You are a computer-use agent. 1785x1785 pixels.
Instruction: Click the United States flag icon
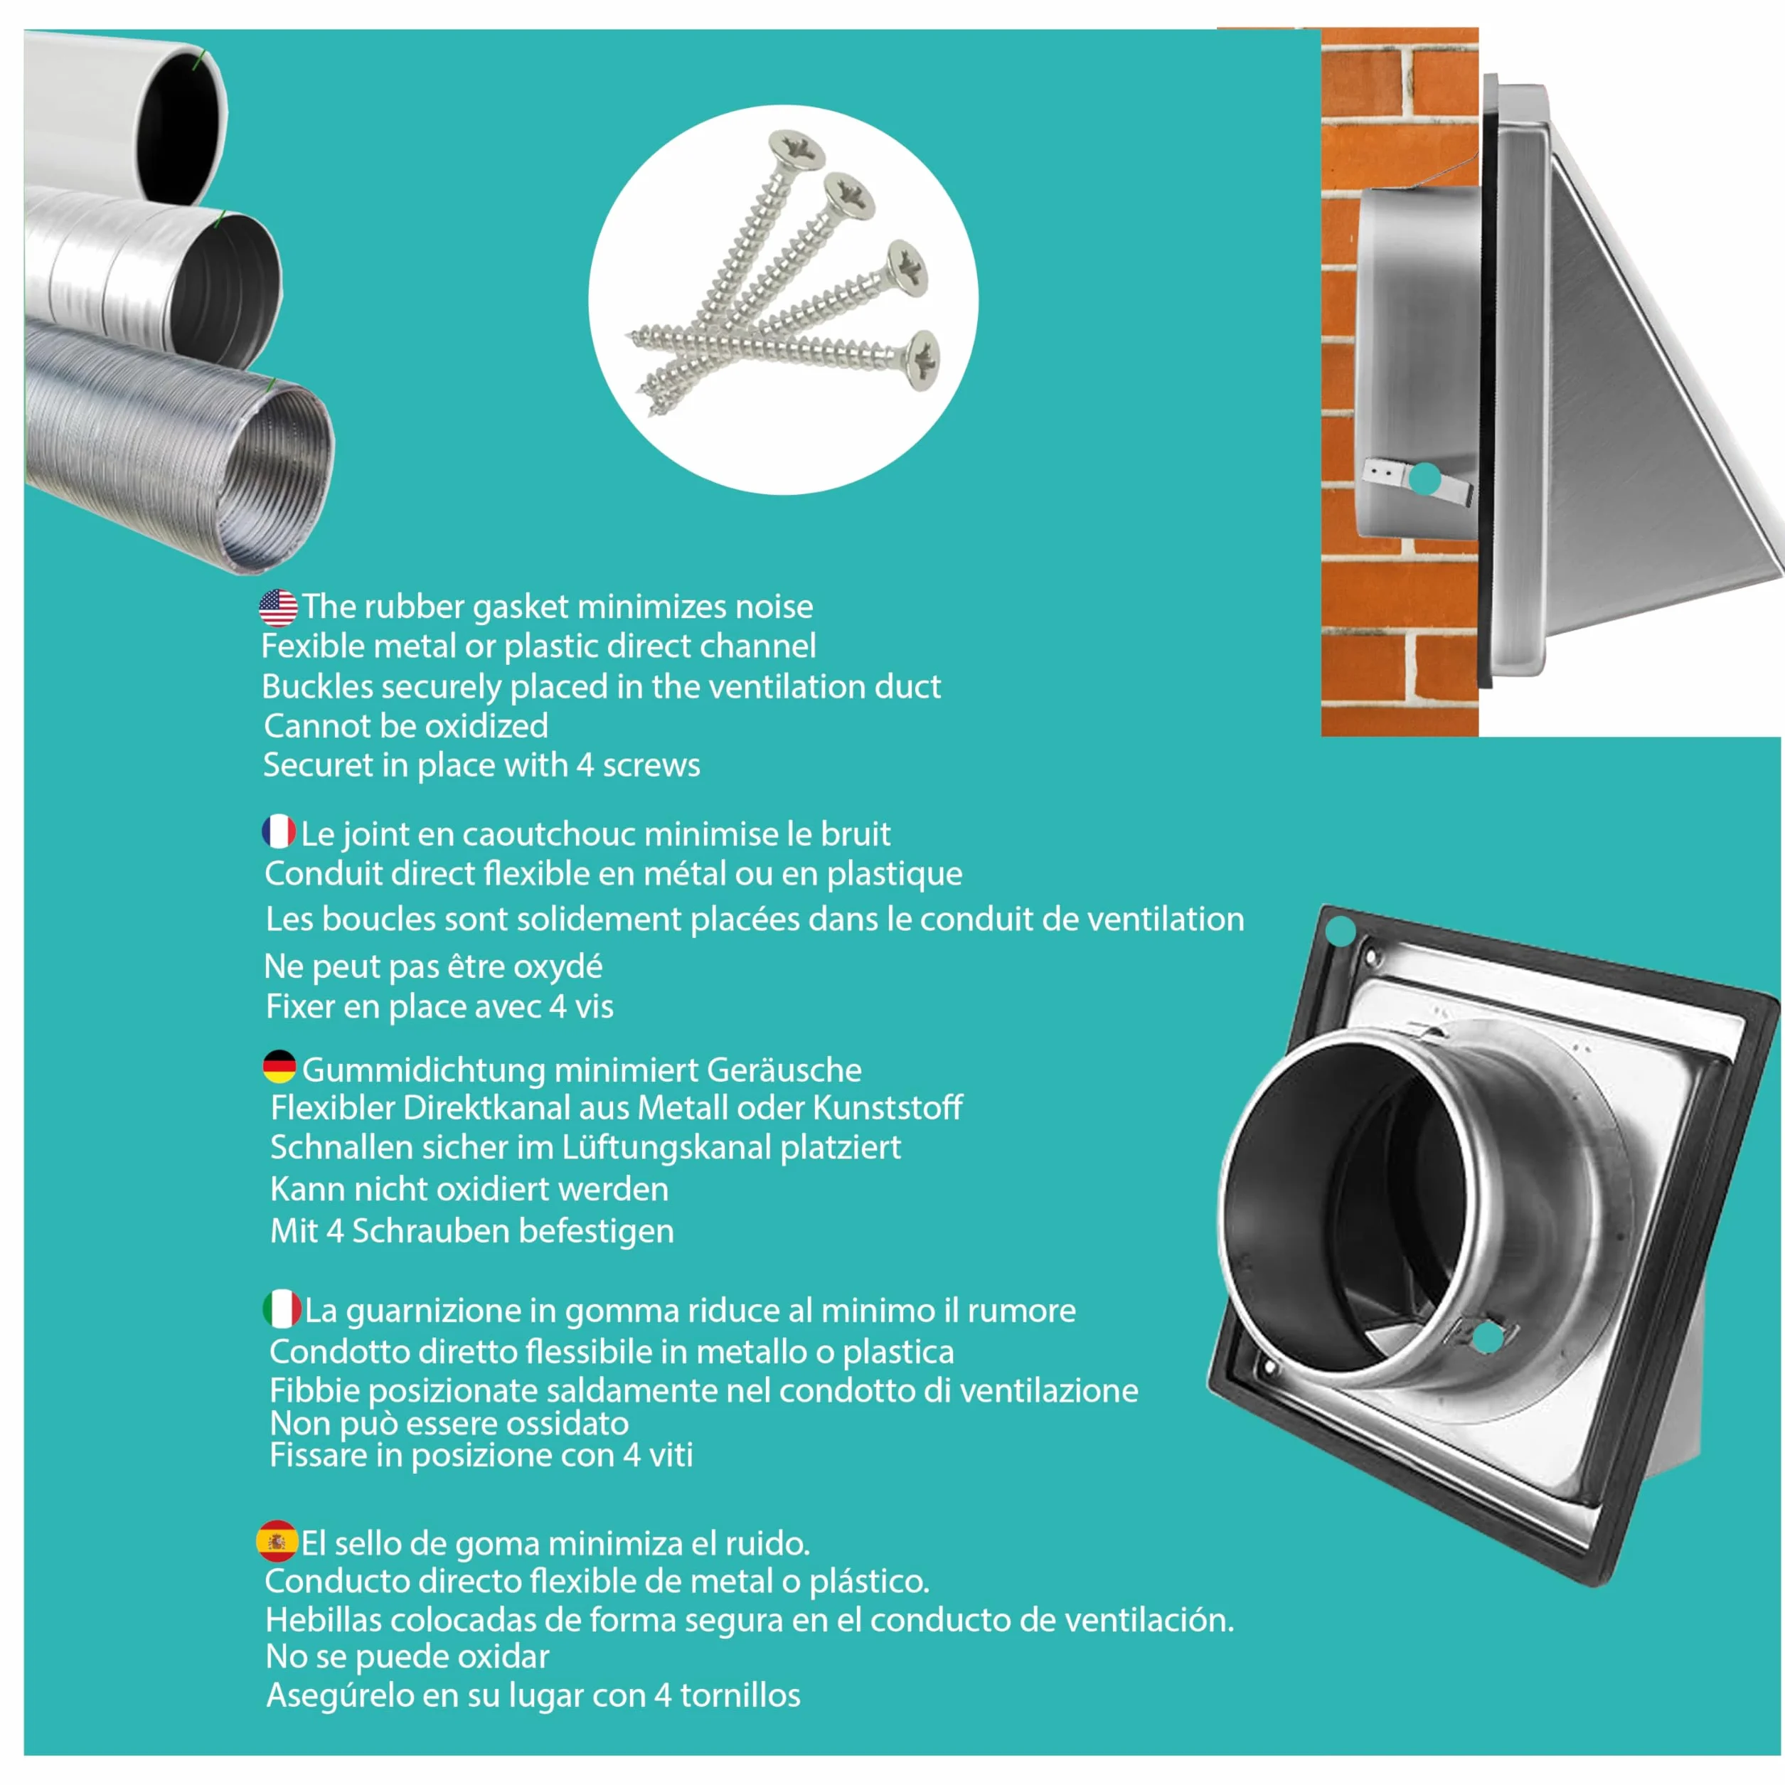pyautogui.click(x=278, y=608)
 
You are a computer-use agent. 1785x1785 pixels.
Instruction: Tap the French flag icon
pyautogui.click(x=278, y=831)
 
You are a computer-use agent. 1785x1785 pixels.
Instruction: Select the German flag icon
pyautogui.click(x=279, y=1067)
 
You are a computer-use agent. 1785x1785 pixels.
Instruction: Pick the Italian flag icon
pyautogui.click(x=282, y=1309)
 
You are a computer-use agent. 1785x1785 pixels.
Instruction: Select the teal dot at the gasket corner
pyautogui.click(x=1340, y=932)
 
